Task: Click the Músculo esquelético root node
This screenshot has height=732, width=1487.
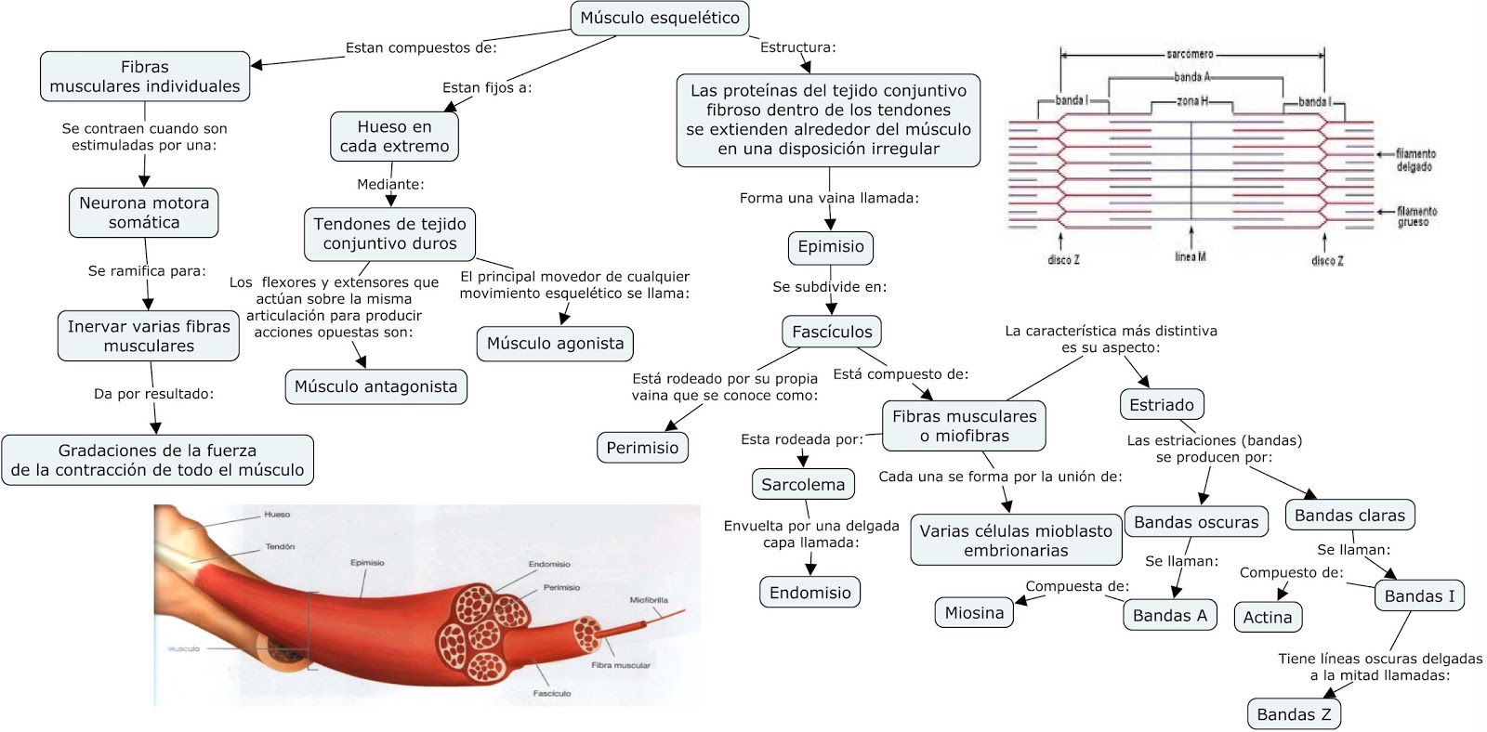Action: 659,18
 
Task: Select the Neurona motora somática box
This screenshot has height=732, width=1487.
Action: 144,213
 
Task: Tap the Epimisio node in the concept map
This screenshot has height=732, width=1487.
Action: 830,247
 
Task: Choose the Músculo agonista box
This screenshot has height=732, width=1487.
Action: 555,344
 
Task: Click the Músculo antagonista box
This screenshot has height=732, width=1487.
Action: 375,386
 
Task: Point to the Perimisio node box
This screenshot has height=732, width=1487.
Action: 642,448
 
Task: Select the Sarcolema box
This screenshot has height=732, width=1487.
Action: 803,484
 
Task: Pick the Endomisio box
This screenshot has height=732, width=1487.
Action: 809,593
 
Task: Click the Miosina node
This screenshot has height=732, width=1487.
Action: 974,612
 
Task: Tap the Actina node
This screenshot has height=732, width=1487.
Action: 1268,617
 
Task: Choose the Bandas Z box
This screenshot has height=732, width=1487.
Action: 1294,714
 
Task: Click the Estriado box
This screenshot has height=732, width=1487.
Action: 1161,405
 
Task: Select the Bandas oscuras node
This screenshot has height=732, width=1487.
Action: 1195,522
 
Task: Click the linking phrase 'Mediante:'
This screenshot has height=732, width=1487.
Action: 390,184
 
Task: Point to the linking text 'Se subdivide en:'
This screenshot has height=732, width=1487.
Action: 829,287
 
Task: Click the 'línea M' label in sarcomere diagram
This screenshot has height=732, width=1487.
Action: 1190,256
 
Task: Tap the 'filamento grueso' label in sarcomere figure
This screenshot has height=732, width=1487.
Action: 1416,216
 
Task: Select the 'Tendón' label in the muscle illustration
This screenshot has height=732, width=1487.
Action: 280,546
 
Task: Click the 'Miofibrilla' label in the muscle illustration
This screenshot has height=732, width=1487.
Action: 648,600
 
